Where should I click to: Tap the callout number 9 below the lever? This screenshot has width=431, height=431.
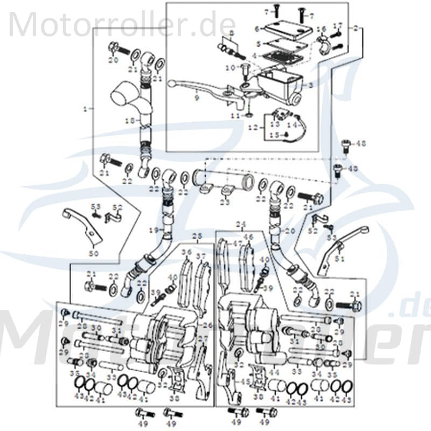[x=197, y=98]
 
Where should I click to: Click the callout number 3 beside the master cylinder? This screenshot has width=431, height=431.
[x=310, y=86]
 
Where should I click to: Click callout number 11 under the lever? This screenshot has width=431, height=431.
[x=235, y=116]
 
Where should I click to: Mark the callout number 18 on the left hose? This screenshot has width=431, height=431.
[x=127, y=122]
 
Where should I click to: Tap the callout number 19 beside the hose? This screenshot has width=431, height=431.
[x=152, y=230]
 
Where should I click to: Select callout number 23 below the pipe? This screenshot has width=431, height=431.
[x=225, y=202]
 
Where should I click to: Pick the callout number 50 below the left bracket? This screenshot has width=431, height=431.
[x=94, y=253]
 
